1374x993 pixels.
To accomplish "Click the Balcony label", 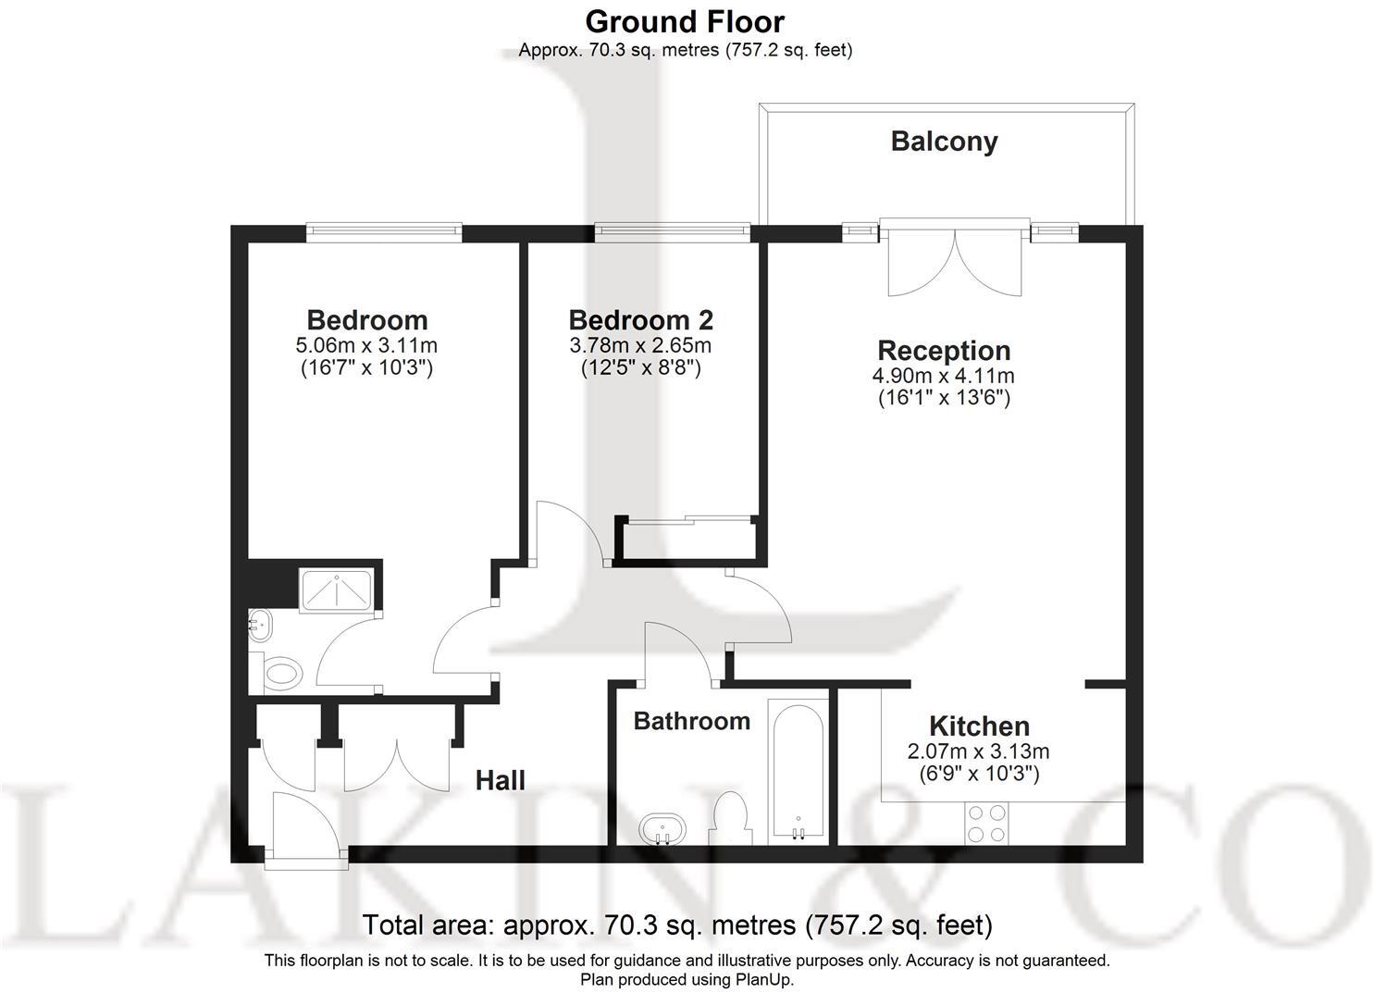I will point(944,142).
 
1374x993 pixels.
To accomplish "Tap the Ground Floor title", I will point(685,20).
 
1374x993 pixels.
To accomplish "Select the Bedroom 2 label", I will point(640,320).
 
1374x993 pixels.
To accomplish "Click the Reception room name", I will point(944,351).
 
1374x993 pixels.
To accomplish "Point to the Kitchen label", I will point(979,726).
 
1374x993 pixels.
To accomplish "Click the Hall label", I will point(500,780).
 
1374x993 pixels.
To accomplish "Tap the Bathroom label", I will point(691,721).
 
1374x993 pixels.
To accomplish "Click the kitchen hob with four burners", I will point(986,823).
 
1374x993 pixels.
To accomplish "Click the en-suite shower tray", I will point(336,590).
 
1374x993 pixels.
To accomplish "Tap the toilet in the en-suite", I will point(283,673).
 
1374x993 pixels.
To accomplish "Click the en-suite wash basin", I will point(261,626).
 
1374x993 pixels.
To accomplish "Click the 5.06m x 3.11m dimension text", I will point(366,346).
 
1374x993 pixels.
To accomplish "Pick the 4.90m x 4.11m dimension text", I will point(944,376).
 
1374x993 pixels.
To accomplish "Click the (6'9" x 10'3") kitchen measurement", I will point(979,773).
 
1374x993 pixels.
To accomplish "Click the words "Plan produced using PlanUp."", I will point(687,979).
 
